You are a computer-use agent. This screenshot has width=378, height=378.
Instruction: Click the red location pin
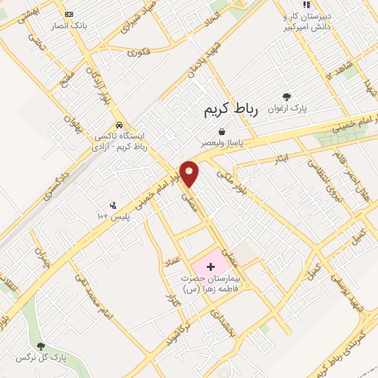190,173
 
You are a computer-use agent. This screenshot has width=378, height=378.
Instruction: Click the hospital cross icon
210,265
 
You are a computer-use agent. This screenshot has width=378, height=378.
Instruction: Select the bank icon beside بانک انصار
69,14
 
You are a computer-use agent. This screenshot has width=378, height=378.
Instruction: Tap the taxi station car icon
119,125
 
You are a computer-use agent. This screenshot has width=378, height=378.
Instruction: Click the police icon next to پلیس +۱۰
113,205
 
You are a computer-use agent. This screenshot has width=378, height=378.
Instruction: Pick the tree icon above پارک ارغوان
286,96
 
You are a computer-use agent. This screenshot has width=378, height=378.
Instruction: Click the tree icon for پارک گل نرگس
41,346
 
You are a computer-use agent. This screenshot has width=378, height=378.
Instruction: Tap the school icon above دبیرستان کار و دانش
286,5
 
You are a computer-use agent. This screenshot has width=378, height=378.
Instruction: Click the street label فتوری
139,52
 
